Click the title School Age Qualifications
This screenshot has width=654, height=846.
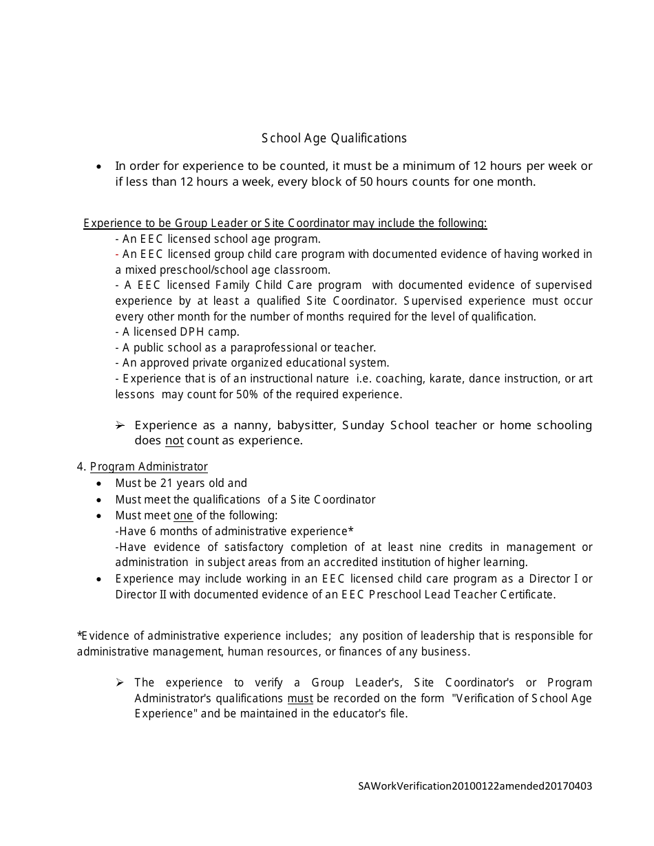click(334, 138)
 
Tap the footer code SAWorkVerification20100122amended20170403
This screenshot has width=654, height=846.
click(475, 785)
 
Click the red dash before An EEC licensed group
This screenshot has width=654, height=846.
click(118, 254)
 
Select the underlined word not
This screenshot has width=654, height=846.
click(174, 440)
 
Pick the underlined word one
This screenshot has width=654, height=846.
click(183, 515)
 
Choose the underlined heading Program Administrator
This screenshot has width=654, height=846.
click(149, 466)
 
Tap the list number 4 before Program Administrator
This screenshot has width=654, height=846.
click(81, 466)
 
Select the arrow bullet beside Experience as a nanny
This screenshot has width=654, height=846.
click(120, 425)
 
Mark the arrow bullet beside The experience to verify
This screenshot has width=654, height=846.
click(120, 682)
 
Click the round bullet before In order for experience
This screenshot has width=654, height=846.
click(101, 166)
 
